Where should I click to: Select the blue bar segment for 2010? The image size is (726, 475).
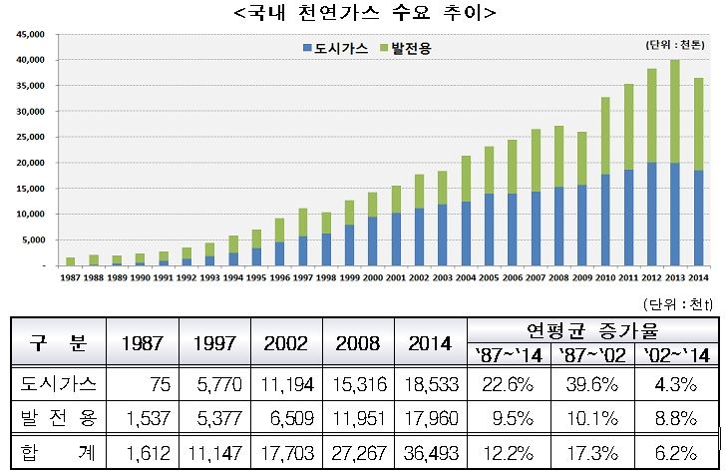pos(634,220)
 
